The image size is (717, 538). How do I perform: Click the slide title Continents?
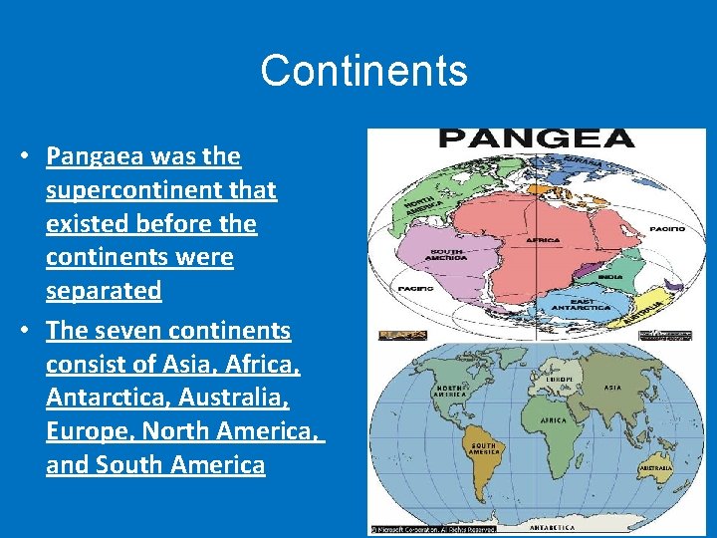(363, 71)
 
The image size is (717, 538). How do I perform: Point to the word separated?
(104, 291)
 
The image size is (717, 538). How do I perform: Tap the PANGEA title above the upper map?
(536, 140)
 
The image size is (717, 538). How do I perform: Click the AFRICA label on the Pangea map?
(544, 240)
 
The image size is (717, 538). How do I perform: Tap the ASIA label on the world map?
(612, 388)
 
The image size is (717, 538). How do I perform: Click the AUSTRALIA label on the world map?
(656, 467)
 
